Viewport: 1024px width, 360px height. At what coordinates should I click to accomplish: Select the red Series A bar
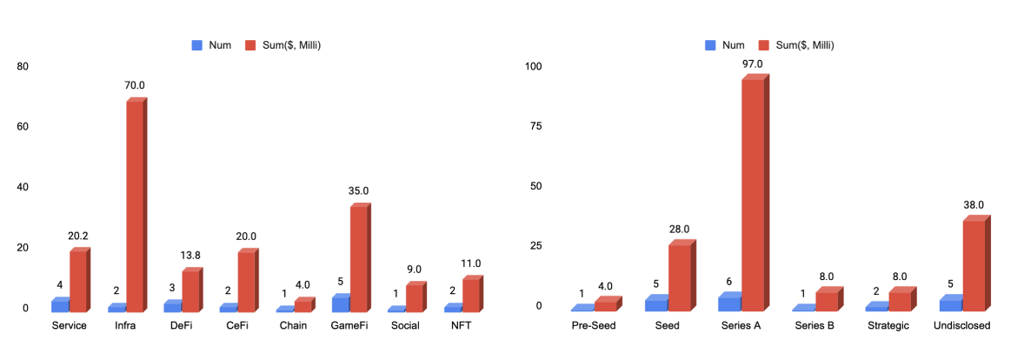(753, 195)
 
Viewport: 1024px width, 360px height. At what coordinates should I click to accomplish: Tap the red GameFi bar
(358, 258)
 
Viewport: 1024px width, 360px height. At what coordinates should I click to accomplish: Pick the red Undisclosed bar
(974, 265)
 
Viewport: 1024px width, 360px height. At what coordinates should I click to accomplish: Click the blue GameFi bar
(341, 304)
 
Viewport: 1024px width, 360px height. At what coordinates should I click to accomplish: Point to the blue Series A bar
(729, 303)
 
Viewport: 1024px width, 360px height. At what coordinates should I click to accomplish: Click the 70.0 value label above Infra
(136, 85)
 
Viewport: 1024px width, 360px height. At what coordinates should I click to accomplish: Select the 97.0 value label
(753, 63)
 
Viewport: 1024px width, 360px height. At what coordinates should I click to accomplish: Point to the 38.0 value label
(974, 205)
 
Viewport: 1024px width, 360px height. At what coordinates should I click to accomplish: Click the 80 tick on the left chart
(23, 66)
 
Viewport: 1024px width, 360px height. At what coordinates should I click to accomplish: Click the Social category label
(405, 326)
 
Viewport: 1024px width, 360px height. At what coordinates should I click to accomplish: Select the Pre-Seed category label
(595, 326)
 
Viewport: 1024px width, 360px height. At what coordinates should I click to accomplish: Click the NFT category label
(462, 326)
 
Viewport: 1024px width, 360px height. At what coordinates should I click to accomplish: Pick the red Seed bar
(679, 277)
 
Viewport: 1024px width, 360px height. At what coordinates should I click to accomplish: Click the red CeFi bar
(247, 281)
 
